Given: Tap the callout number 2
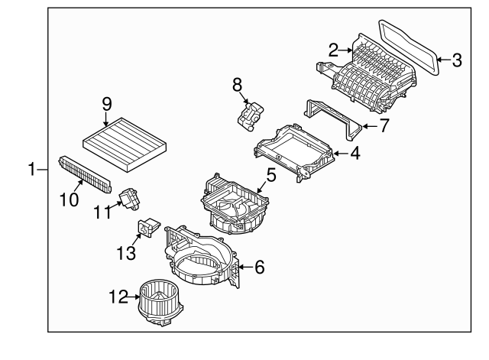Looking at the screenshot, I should pos(333,50).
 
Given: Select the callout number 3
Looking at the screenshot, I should pos(456,59).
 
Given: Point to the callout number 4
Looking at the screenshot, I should pos(355,154).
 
